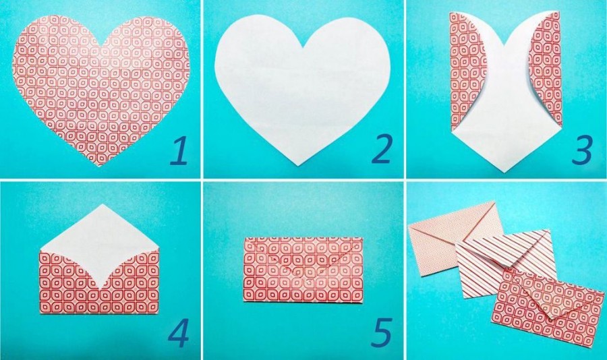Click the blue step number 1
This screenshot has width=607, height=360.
pos(179,152)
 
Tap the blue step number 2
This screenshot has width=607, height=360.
pos(381,149)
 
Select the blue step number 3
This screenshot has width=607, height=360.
pos(582,150)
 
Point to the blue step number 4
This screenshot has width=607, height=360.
pos(179,333)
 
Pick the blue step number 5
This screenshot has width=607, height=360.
pos(381,332)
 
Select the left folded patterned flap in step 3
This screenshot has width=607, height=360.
pos(464,69)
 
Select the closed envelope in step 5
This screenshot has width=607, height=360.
pos(303,270)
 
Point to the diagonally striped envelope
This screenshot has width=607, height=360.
pos(503,263)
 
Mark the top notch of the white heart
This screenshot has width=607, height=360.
pos(302,47)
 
